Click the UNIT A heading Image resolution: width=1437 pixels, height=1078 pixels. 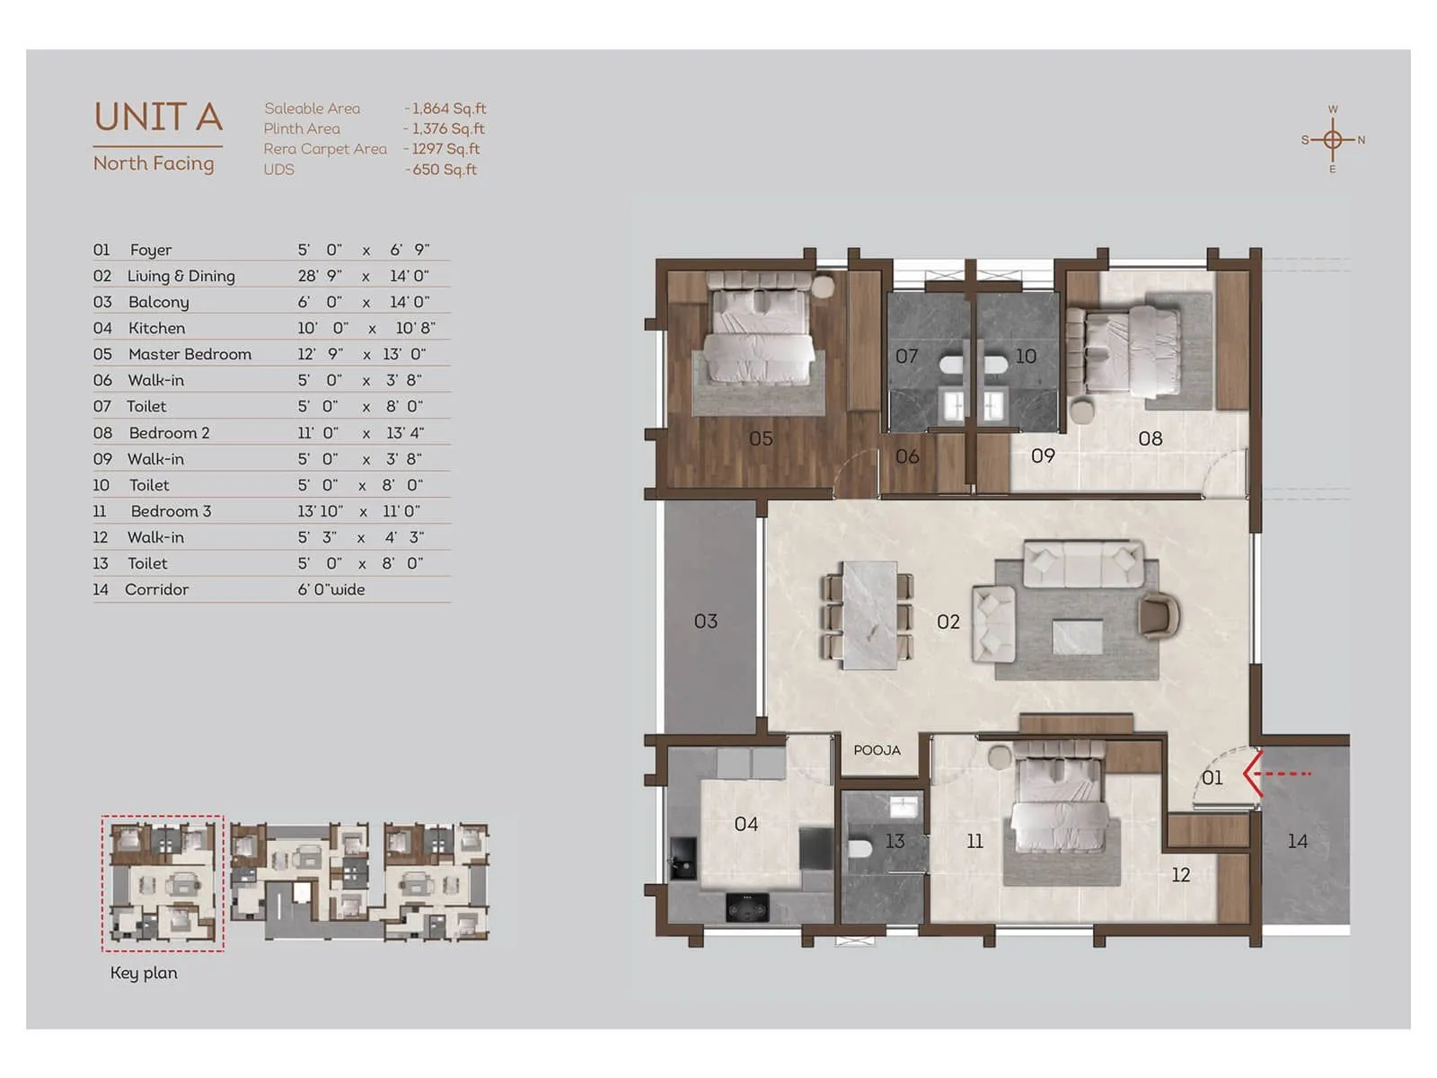point(158,118)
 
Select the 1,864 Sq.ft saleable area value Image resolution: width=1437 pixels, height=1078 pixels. point(449,109)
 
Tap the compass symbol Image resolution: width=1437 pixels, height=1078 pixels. point(1333,140)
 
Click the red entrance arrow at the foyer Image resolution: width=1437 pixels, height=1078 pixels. point(1275,773)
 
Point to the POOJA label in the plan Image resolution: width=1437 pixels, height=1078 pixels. point(877,750)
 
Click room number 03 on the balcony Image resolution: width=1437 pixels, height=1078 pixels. point(706,622)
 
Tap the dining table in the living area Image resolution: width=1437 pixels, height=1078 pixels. point(868,615)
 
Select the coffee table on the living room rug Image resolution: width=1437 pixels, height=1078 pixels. point(1077,637)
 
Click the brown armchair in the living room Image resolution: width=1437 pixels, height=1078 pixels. point(1158,617)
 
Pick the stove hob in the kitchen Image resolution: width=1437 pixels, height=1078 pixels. point(747,908)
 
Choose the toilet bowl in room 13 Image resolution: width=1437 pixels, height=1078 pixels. point(860,848)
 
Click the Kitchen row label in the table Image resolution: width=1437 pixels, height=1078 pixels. point(156,329)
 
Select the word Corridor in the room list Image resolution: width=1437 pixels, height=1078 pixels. point(156,590)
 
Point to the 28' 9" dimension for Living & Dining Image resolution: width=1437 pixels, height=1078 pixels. point(320,277)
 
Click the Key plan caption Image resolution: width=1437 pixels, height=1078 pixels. point(144,973)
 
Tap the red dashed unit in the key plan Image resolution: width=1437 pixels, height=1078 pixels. point(163,883)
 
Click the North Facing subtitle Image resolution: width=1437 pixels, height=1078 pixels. point(154,163)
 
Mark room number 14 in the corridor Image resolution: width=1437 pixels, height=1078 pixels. point(1297,842)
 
